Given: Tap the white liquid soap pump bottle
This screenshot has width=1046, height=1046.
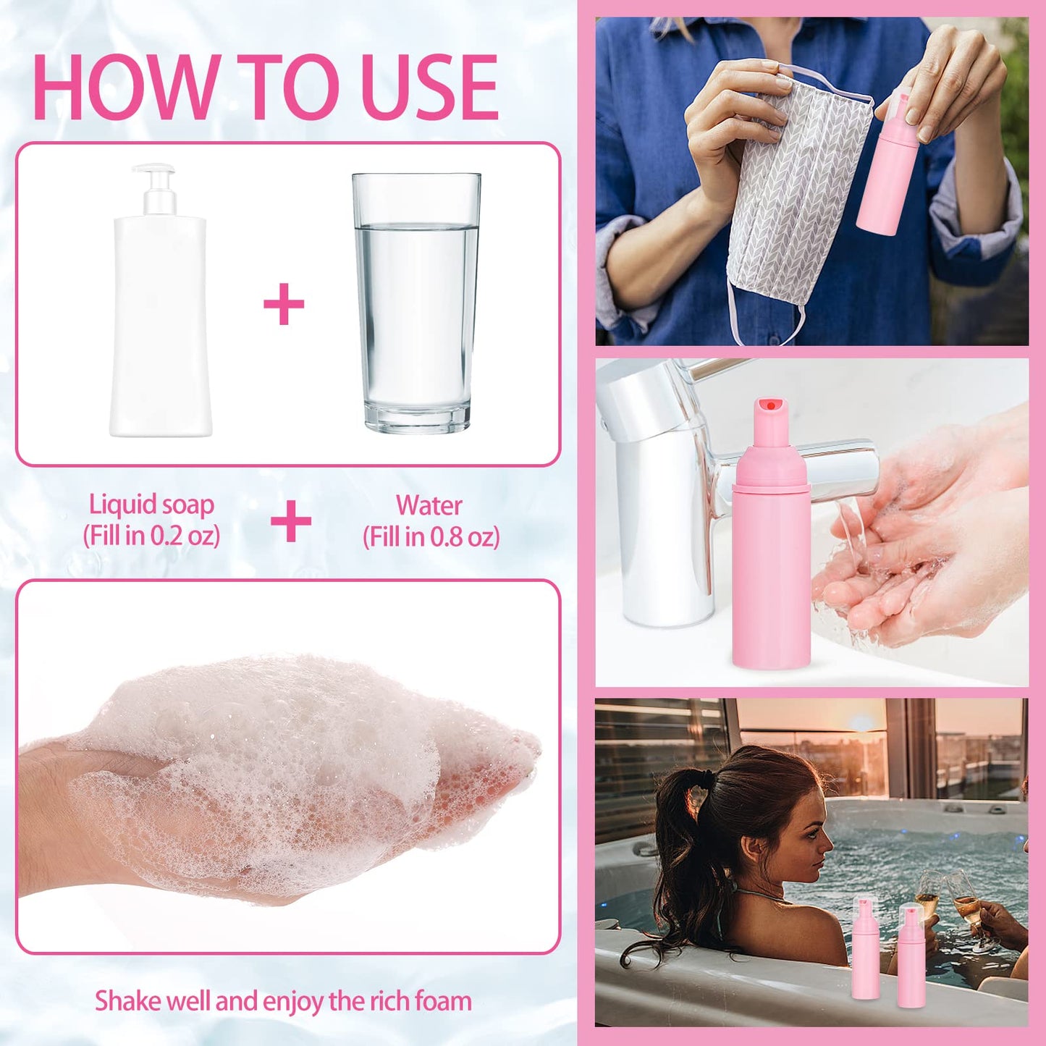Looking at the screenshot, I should (x=160, y=326).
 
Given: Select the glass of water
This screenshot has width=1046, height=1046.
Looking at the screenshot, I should (x=416, y=304).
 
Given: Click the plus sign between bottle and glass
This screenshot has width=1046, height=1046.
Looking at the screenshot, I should (x=284, y=305).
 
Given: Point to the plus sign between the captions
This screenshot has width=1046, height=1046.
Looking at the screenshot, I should (x=290, y=521).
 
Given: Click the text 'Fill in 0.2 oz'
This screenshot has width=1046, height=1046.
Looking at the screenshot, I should (x=151, y=536).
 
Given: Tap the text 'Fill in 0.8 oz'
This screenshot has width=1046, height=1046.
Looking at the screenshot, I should (x=431, y=536).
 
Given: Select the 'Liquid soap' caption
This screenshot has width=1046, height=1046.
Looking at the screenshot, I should (x=151, y=505).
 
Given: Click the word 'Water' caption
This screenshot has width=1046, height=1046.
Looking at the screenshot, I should (x=429, y=505).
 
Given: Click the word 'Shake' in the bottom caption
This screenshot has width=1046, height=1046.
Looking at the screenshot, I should (x=128, y=1001).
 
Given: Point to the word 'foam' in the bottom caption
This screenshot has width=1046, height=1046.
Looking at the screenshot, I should (x=442, y=1001).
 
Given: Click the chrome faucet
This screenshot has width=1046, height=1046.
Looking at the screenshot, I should (x=666, y=492).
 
